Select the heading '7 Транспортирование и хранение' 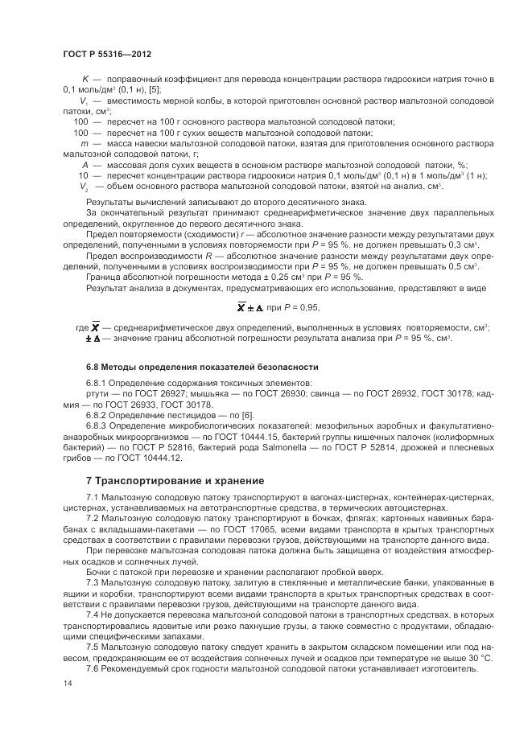tap(175, 481)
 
